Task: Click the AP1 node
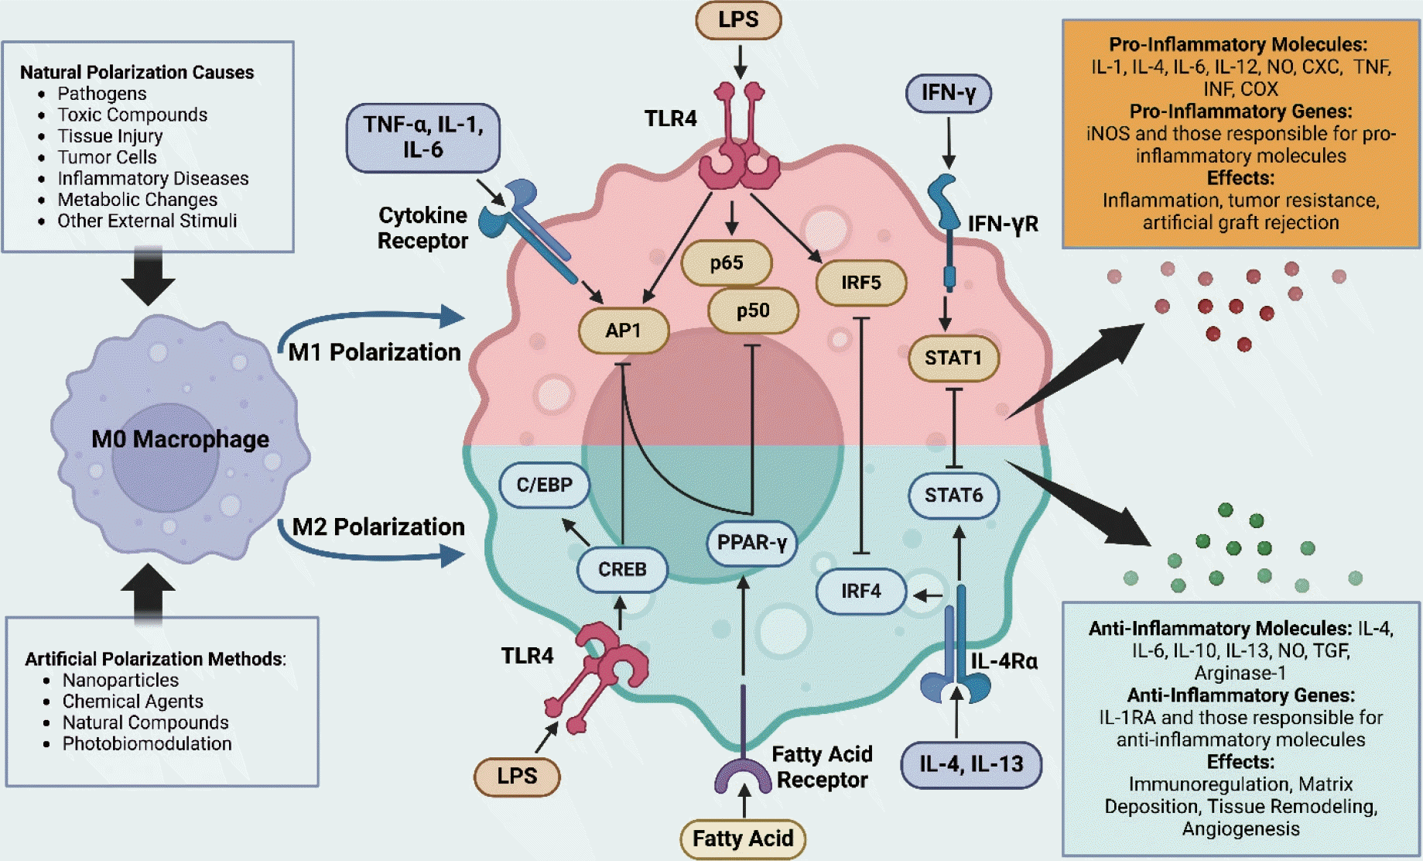coord(623,331)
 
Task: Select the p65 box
coord(726,263)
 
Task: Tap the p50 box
coord(752,310)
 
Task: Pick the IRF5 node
coord(860,283)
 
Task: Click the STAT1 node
coord(953,358)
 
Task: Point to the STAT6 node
coord(953,495)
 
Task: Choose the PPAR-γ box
coord(751,542)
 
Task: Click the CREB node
coord(622,569)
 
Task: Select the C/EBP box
coord(545,485)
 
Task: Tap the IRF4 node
coord(860,592)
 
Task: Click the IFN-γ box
coord(948,93)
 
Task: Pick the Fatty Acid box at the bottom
coord(743,839)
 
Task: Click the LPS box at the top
coord(738,20)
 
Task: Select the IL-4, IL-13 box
coord(970,764)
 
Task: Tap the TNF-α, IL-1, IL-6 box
coord(422,137)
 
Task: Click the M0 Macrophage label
coord(180,439)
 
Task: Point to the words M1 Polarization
coord(375,352)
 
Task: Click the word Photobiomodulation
coord(147,743)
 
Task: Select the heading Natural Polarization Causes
coord(137,72)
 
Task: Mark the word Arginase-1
coord(1240,673)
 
